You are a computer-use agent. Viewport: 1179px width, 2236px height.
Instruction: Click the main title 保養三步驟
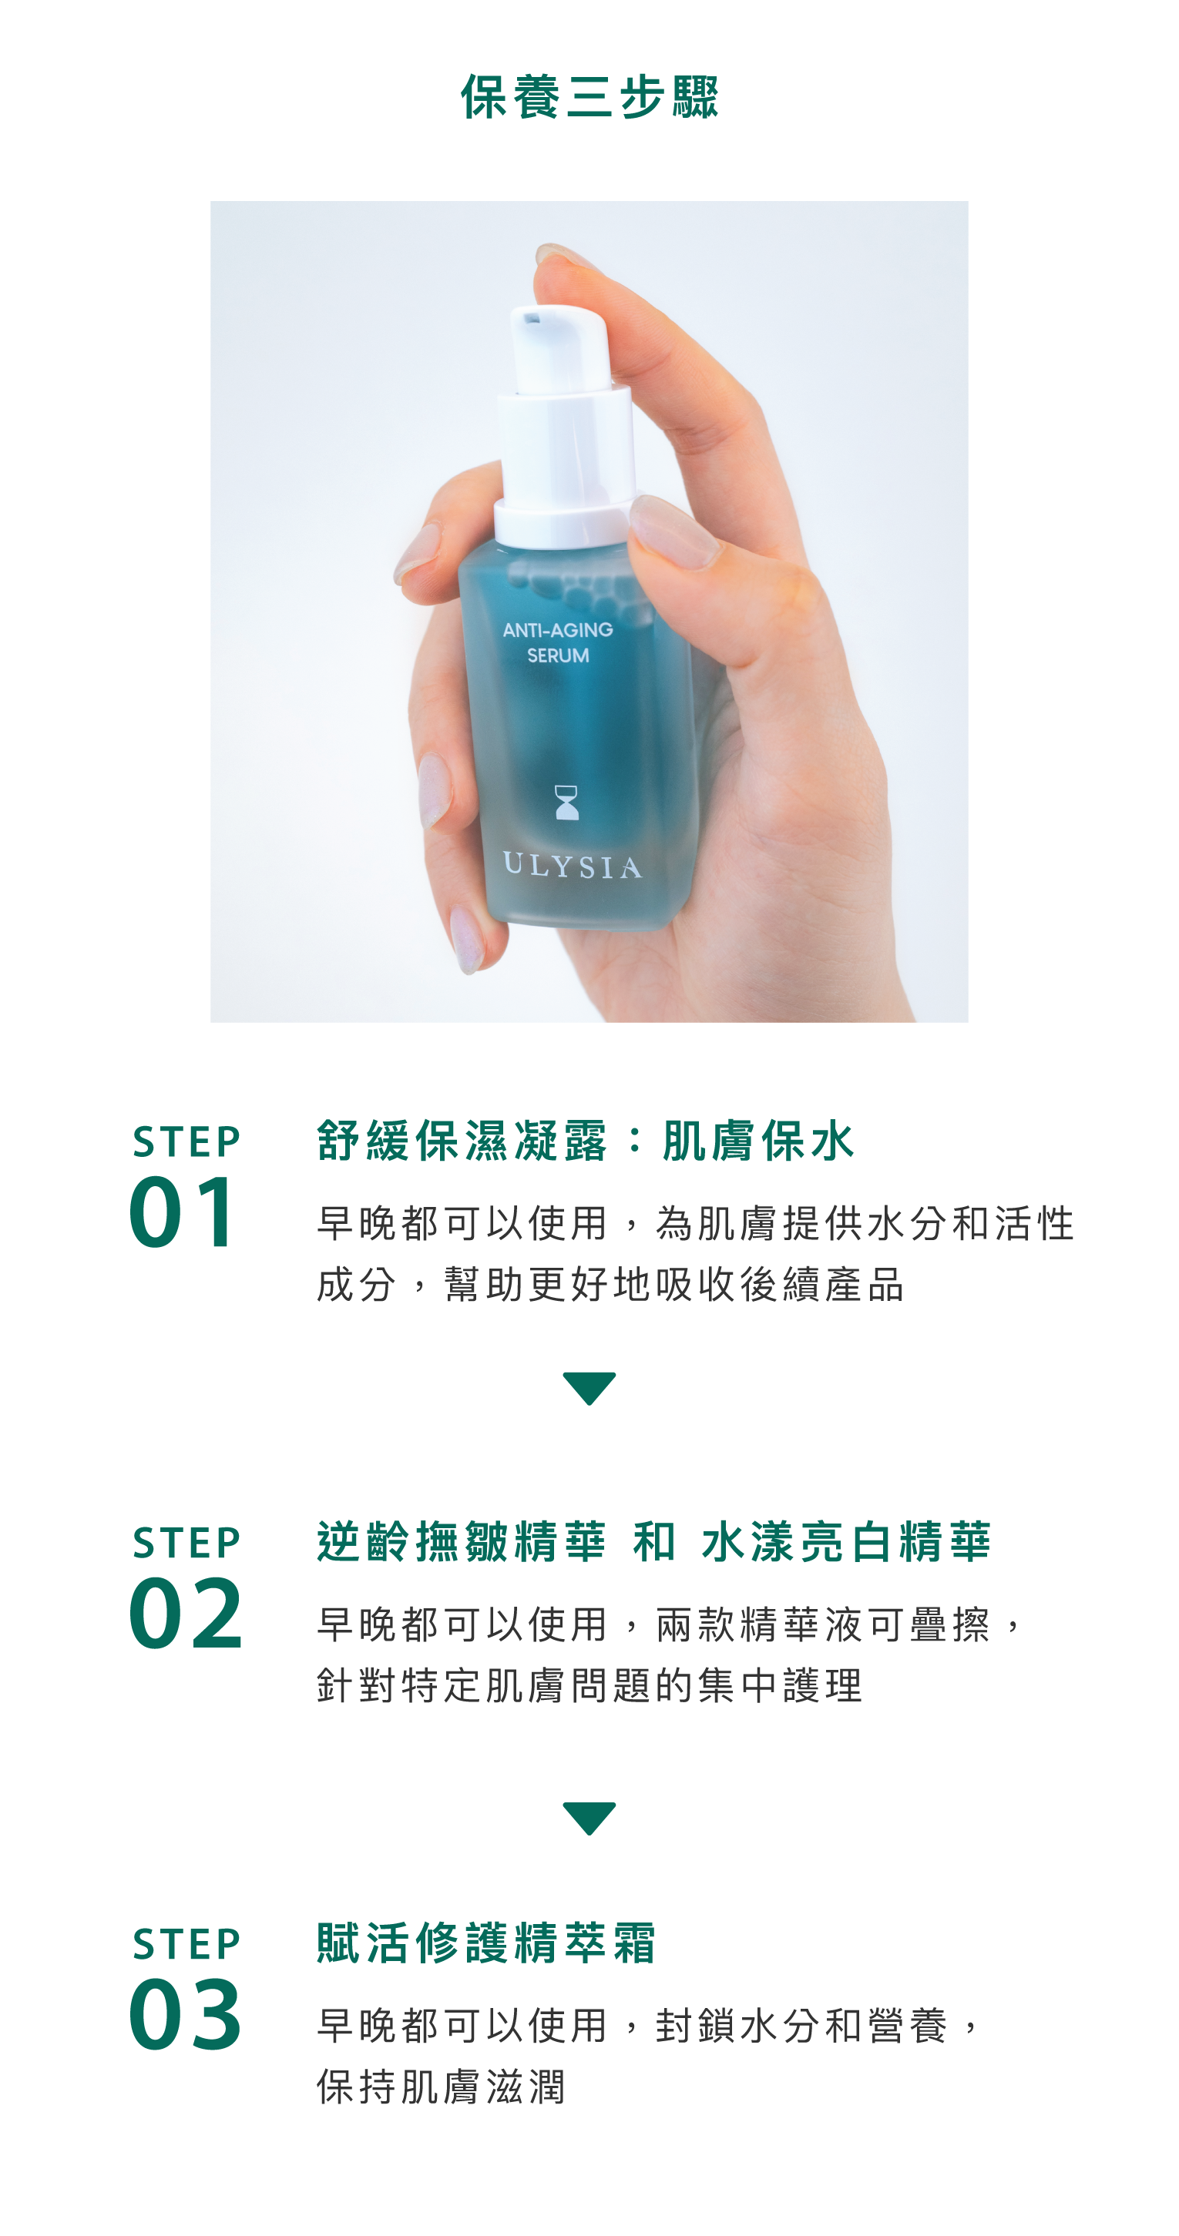point(589,96)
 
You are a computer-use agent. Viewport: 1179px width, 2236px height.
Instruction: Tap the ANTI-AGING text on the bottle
point(557,630)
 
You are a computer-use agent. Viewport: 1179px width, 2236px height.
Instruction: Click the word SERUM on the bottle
point(557,656)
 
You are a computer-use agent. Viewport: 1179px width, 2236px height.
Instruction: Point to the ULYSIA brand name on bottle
point(572,867)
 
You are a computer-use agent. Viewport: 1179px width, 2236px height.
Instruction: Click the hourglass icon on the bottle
point(566,803)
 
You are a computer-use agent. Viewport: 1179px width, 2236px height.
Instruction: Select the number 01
point(183,1212)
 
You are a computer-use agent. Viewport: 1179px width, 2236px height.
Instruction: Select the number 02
point(186,1614)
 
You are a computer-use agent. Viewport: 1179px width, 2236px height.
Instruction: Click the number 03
point(186,2015)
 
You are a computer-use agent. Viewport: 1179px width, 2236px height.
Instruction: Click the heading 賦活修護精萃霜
point(486,1943)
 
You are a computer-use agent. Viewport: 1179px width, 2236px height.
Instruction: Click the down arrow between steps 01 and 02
point(589,1387)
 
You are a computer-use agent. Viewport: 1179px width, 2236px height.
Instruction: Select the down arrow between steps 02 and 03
point(589,1817)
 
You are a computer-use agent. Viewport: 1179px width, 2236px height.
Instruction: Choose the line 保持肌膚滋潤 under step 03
point(441,2087)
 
